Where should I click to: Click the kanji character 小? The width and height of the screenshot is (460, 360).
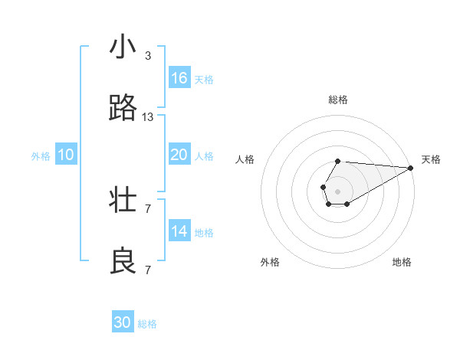(x=123, y=48)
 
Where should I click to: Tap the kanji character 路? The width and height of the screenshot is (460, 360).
(x=123, y=110)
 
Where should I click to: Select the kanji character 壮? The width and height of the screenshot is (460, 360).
(x=123, y=201)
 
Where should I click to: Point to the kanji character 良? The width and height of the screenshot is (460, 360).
(x=123, y=263)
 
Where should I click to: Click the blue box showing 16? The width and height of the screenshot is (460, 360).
(x=179, y=78)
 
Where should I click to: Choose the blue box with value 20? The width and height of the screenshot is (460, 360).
(x=179, y=155)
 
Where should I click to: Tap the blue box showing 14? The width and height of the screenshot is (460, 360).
(x=179, y=231)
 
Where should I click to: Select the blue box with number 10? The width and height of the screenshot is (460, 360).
(x=66, y=155)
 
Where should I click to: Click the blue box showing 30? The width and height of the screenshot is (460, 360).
(x=123, y=322)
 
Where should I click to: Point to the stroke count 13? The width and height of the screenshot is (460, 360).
(x=148, y=117)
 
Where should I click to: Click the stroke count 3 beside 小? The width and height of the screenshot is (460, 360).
(x=148, y=56)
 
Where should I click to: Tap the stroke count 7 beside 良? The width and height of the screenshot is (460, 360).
(x=148, y=270)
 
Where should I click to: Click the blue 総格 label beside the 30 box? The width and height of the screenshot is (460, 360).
(x=147, y=324)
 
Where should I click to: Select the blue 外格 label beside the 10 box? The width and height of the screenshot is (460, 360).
(x=41, y=156)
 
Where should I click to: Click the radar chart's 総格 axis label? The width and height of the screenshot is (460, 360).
(x=337, y=100)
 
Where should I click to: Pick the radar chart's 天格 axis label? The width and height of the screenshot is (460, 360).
(x=431, y=159)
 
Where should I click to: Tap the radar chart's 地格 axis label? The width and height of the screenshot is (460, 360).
(x=402, y=262)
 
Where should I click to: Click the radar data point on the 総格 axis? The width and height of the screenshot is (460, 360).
(x=337, y=161)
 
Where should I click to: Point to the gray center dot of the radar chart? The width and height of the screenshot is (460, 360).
(x=337, y=191)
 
